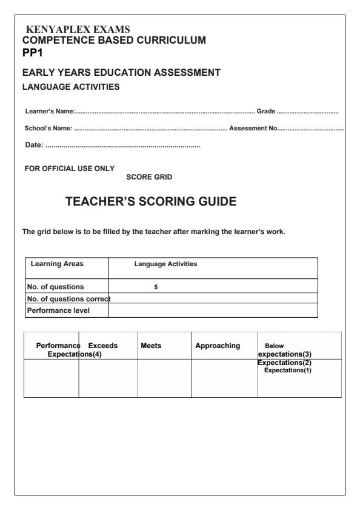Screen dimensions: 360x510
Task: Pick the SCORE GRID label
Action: pos(149,177)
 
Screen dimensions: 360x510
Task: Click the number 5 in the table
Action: pos(156,286)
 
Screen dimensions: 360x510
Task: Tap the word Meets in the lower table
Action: pos(151,345)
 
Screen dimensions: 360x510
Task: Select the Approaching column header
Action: pos(218,345)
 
